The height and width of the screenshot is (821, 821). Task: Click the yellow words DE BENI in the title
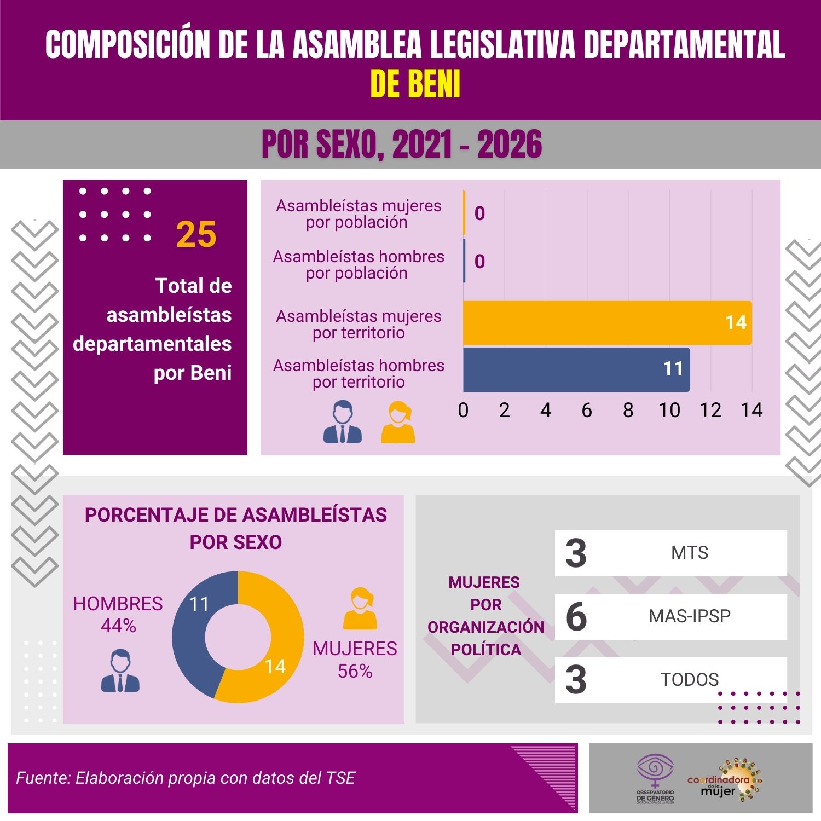pyautogui.click(x=415, y=84)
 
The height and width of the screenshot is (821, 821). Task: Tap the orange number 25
pyautogui.click(x=196, y=234)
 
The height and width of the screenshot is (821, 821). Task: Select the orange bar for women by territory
pyautogui.click(x=607, y=323)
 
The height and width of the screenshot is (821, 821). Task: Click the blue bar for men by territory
pyautogui.click(x=576, y=369)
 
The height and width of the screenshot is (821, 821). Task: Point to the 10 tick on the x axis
pyautogui.click(x=669, y=410)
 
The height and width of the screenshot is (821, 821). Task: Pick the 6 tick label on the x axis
pyautogui.click(x=587, y=410)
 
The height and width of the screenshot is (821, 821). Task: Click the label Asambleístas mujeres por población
pyautogui.click(x=359, y=214)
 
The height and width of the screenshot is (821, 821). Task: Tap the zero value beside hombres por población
pyautogui.click(x=479, y=262)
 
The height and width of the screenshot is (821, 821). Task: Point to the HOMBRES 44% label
pyautogui.click(x=118, y=614)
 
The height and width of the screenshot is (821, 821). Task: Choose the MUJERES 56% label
pyautogui.click(x=355, y=660)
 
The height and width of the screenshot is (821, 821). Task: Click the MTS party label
pyautogui.click(x=690, y=553)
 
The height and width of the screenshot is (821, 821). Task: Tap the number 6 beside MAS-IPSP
pyautogui.click(x=576, y=617)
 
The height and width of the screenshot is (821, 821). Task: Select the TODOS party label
pyautogui.click(x=690, y=680)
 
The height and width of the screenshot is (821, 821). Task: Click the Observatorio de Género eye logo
pyautogui.click(x=655, y=772)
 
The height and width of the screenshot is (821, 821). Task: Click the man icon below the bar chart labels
pyautogui.click(x=343, y=422)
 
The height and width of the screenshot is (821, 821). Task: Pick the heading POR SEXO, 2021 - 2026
pyautogui.click(x=402, y=144)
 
